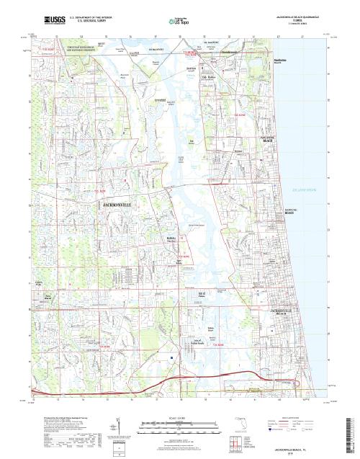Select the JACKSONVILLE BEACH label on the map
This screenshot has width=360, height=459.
click(281, 312)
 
